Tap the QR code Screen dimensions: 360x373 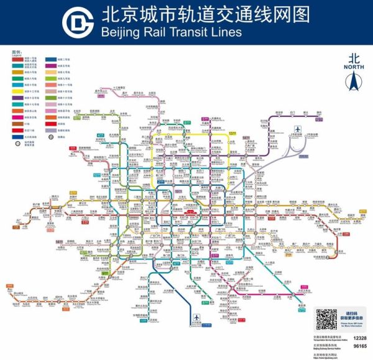326,320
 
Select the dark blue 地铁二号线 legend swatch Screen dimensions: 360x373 51,59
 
